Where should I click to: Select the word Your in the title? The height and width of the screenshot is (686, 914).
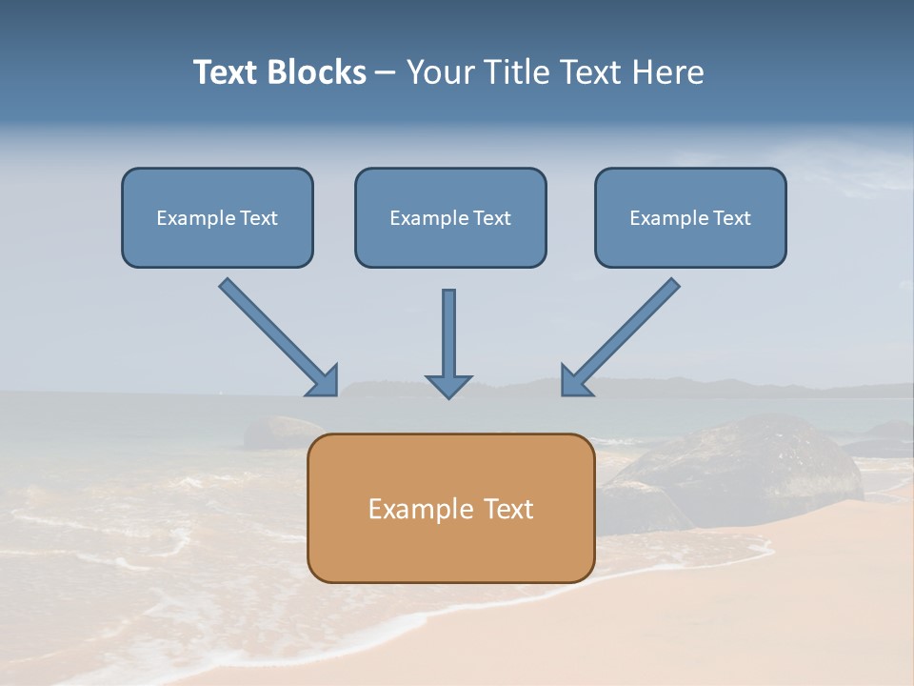pos(441,72)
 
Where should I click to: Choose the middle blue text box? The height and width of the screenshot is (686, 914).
pos(450,243)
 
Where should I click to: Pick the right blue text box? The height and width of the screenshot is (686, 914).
pos(690,243)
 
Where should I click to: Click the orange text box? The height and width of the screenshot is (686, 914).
pos(450,548)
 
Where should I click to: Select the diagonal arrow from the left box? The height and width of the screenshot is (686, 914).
pos(276,333)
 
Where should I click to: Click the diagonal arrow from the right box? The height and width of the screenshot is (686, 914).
pos(624,333)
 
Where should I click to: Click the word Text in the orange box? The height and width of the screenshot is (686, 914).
pos(508,509)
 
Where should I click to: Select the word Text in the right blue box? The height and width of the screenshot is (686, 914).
pos(731,218)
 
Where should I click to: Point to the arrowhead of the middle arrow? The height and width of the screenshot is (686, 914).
pos(448,385)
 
